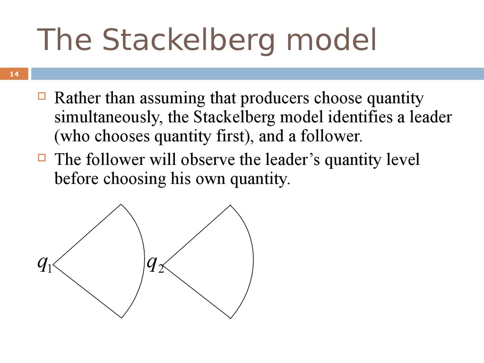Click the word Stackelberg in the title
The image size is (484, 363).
[x=188, y=41]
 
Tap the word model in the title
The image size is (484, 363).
[x=331, y=40]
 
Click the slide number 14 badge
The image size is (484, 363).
[x=14, y=74]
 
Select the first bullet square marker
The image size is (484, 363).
[x=42, y=95]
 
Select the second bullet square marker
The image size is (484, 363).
[x=42, y=158]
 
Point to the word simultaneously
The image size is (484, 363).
[x=109, y=118]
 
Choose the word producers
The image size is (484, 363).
[x=275, y=99]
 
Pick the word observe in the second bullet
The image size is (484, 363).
[x=208, y=160]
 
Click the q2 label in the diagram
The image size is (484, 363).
[x=155, y=264]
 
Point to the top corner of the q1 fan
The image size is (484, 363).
[x=121, y=204]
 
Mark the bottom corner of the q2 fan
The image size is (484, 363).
[x=231, y=318]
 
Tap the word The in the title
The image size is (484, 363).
[x=64, y=40]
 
